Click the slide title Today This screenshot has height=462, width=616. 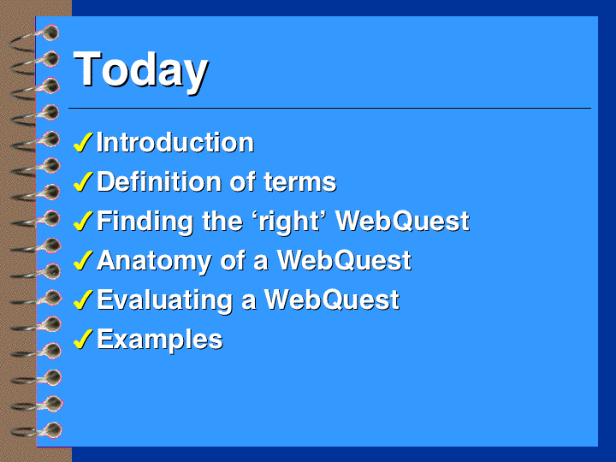(140, 71)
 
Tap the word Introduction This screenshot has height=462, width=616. (175, 142)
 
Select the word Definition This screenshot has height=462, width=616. (159, 181)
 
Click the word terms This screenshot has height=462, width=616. (300, 182)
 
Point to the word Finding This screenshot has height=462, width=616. (145, 222)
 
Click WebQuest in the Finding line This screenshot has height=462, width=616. (403, 222)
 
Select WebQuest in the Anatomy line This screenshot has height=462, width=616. (344, 261)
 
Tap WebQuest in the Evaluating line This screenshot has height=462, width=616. (332, 300)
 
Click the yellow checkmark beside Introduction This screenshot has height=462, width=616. (83, 142)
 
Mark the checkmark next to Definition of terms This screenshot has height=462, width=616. (83, 181)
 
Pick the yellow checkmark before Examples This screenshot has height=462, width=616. (83, 339)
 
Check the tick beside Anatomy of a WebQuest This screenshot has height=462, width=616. (83, 260)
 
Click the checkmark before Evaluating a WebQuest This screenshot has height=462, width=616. (83, 299)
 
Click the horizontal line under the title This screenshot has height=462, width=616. (329, 108)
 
